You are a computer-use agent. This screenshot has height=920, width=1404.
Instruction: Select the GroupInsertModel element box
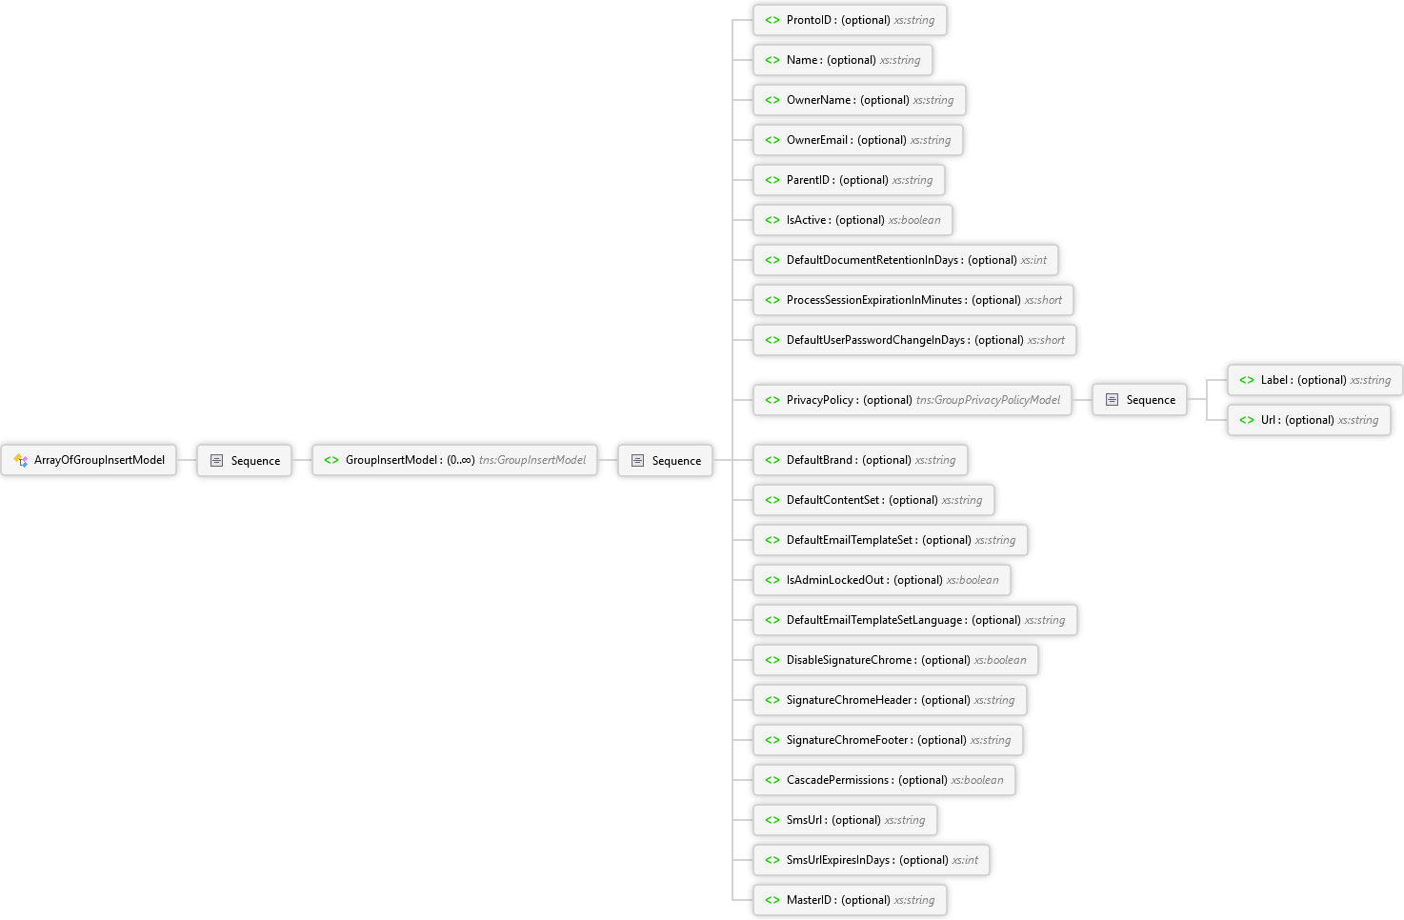pos(454,460)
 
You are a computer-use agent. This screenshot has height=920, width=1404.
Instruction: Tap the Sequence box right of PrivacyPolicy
pos(1139,400)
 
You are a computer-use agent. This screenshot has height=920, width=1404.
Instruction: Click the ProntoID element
pos(850,20)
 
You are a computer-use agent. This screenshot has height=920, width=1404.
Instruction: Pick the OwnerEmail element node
pos(857,140)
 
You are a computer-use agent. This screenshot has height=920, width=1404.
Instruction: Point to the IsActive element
pos(852,220)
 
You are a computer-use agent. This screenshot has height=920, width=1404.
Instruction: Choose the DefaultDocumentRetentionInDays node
pos(905,260)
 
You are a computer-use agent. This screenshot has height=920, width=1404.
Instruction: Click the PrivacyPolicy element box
pos(912,400)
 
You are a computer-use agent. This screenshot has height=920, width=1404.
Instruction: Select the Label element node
pos(1314,380)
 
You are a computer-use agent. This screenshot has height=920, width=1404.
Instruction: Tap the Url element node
pos(1308,420)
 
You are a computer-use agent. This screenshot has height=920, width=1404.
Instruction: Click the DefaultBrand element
pos(860,460)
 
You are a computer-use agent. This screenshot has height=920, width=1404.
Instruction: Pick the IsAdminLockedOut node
pos(881,580)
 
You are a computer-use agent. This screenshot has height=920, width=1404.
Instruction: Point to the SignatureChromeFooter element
pos(888,740)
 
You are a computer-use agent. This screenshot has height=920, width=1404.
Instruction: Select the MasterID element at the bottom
pos(850,900)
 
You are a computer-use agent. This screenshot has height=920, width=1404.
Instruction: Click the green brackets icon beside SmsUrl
pos(772,820)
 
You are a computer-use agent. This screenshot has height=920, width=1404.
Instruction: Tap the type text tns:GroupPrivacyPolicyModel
pos(988,400)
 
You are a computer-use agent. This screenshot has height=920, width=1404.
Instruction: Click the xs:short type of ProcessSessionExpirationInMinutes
pos(1043,300)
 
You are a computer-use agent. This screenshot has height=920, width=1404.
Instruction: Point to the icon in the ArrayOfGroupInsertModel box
pos(21,460)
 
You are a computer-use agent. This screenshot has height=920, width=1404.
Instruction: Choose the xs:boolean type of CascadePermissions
pos(977,780)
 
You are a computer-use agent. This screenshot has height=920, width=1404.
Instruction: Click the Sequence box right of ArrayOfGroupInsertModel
pos(245,461)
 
